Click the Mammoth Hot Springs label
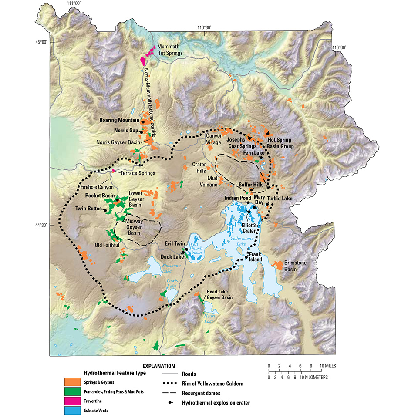(x=170, y=50)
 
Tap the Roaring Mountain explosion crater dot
(x=142, y=121)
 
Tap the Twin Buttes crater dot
(x=105, y=209)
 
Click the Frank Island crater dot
(x=246, y=257)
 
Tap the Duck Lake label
(x=172, y=257)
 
